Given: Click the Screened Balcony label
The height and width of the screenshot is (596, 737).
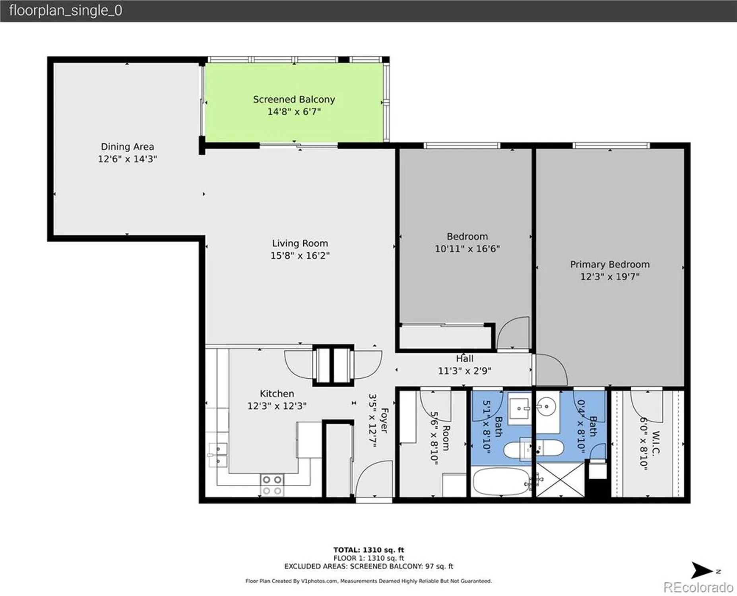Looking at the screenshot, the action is pos(294,99).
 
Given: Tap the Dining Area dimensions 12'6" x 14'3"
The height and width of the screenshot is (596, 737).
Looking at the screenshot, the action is pos(128,159).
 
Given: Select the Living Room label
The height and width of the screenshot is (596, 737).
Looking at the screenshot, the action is pos(300,243).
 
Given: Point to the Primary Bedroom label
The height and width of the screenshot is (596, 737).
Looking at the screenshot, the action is pos(610,265).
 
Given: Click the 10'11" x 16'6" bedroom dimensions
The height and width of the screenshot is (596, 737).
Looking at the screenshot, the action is pos(467,249).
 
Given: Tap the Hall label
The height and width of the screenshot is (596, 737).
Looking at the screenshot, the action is pos(464,358).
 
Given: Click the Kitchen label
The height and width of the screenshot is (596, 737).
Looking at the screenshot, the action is pos(277,394).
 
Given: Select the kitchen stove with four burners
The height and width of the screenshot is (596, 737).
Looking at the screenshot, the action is pos(272,485).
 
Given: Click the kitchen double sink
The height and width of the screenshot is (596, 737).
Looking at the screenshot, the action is pos(217,455).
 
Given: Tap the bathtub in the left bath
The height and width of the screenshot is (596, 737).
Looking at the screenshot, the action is pos(502,482).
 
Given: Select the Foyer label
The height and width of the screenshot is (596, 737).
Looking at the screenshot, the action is pos(384,420).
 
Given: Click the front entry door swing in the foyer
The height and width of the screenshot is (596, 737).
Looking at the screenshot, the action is pos(374,478).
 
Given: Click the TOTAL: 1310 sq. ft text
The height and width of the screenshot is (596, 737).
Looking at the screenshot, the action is pos(368,550).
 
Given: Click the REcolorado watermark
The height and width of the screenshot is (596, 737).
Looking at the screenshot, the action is pos(698,587).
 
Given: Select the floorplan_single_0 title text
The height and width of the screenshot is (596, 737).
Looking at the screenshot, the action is pos(66,10).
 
